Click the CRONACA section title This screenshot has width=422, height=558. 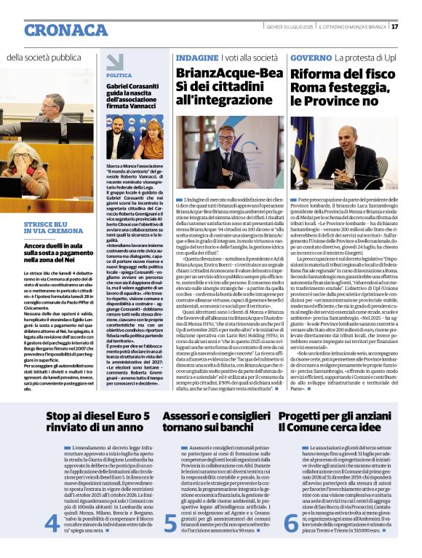pos(65,30)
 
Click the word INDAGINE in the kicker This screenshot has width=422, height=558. pos(198,57)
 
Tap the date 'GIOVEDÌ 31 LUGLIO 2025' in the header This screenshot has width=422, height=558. pos(290,27)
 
